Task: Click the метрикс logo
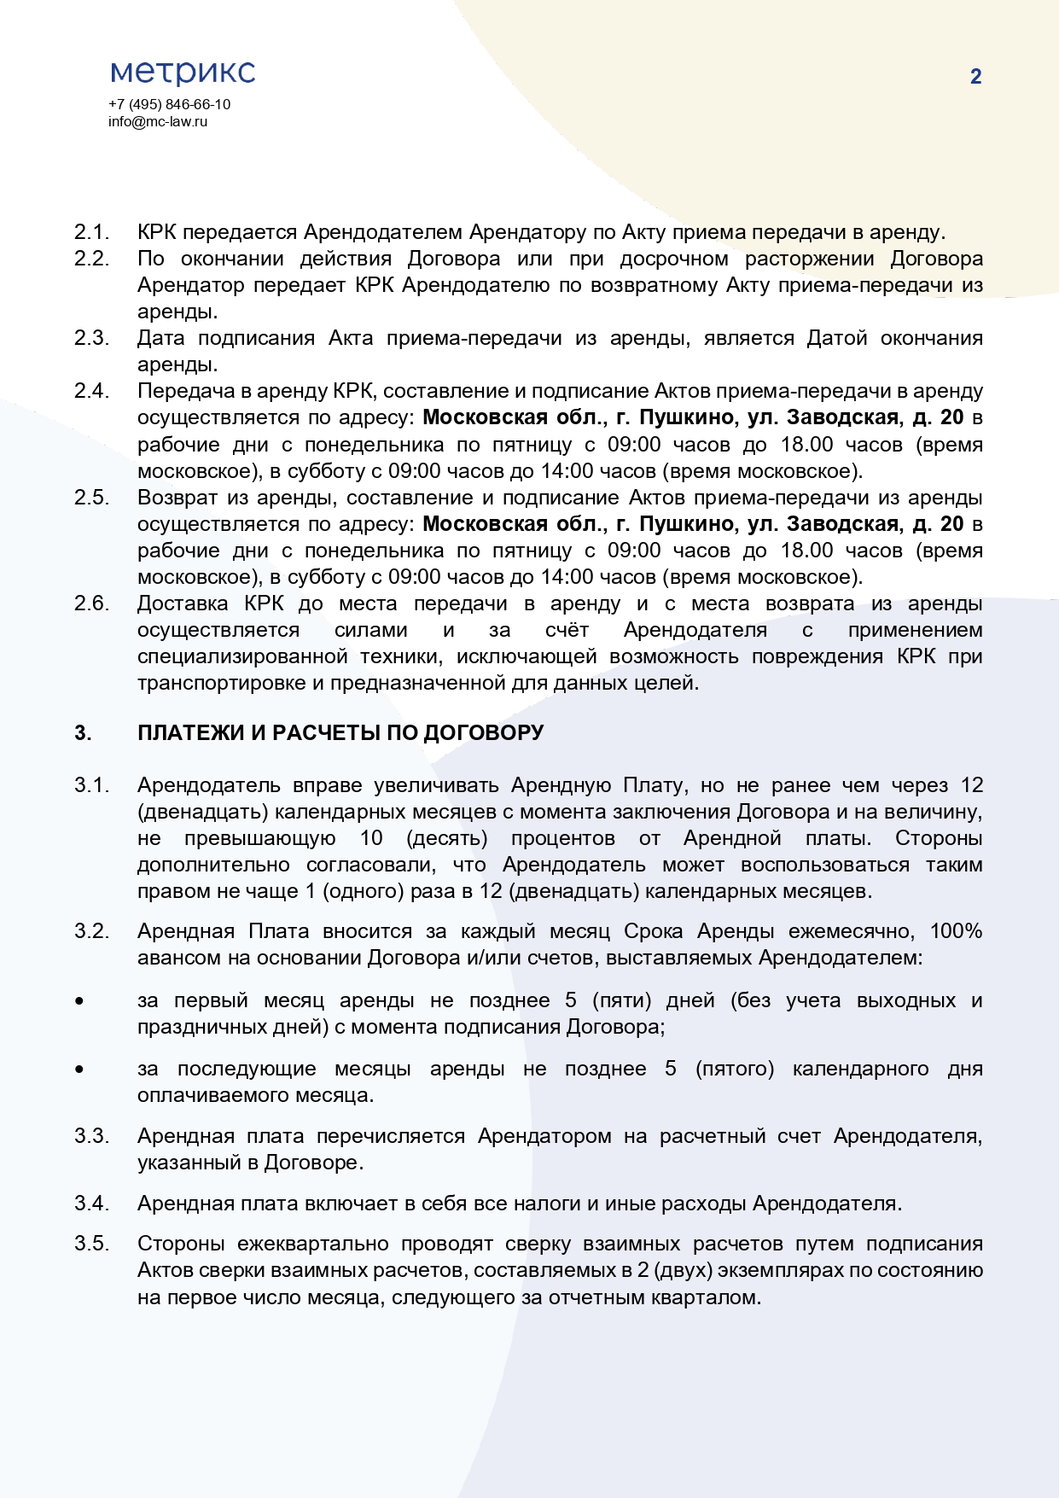(183, 72)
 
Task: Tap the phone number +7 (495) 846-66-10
(169, 104)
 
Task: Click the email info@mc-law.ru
(158, 121)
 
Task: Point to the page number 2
(975, 77)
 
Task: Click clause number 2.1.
(91, 232)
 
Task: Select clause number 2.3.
(91, 338)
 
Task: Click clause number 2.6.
(91, 603)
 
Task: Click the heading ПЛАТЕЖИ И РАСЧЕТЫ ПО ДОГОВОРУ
(340, 733)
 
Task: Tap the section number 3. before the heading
(83, 733)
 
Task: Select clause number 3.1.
(91, 785)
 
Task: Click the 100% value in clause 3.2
(956, 931)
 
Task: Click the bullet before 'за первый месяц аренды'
(79, 1000)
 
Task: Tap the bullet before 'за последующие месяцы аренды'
(79, 1069)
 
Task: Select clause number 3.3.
(91, 1136)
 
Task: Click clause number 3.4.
(91, 1204)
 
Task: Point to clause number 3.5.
(91, 1244)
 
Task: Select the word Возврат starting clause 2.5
(177, 498)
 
